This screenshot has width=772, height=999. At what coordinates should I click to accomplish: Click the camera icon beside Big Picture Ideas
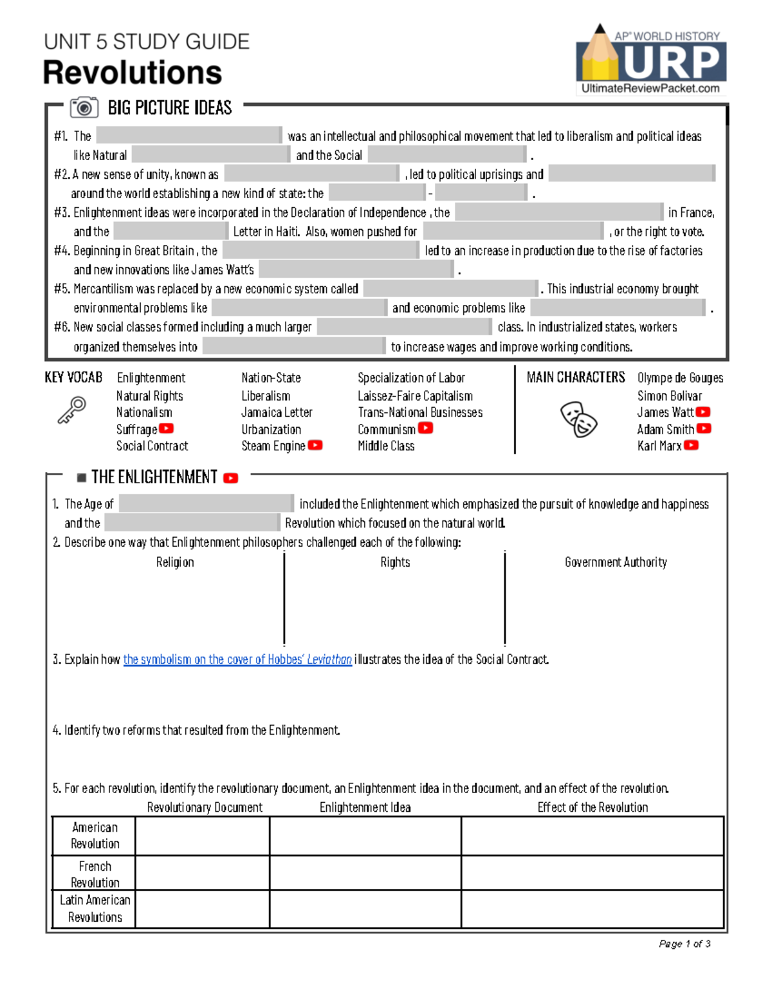pyautogui.click(x=84, y=107)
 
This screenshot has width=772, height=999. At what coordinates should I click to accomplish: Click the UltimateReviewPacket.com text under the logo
pyautogui.click(x=650, y=89)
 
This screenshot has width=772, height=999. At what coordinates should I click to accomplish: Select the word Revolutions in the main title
pyautogui.click(x=133, y=73)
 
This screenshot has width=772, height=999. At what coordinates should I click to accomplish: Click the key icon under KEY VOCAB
pyautogui.click(x=71, y=410)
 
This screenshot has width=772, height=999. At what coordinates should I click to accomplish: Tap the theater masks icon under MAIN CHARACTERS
pyautogui.click(x=578, y=419)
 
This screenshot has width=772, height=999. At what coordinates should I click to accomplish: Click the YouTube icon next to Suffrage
pyautogui.click(x=167, y=428)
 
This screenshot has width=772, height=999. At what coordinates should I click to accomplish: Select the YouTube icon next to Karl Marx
pyautogui.click(x=691, y=445)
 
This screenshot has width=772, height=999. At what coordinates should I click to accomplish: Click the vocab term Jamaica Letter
pyautogui.click(x=277, y=412)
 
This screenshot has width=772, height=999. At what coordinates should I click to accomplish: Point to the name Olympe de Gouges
pyautogui.click(x=680, y=378)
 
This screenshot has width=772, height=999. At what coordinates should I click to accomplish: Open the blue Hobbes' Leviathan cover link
pyautogui.click(x=237, y=659)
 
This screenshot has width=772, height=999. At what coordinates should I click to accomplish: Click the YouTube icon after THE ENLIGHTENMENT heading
pyautogui.click(x=231, y=478)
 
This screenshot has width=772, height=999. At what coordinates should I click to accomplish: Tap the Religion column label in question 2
pyautogui.click(x=175, y=562)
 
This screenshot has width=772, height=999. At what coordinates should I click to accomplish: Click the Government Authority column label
pyautogui.click(x=616, y=562)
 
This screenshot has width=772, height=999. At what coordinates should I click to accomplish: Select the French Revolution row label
pyautogui.click(x=95, y=874)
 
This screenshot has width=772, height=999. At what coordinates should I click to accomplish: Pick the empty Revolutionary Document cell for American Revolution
pyautogui.click(x=202, y=836)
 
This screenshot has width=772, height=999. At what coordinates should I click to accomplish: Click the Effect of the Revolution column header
pyautogui.click(x=593, y=807)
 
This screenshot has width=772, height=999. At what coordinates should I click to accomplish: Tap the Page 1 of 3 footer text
pyautogui.click(x=685, y=944)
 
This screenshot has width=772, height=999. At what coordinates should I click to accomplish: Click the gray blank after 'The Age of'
pyautogui.click(x=207, y=503)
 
